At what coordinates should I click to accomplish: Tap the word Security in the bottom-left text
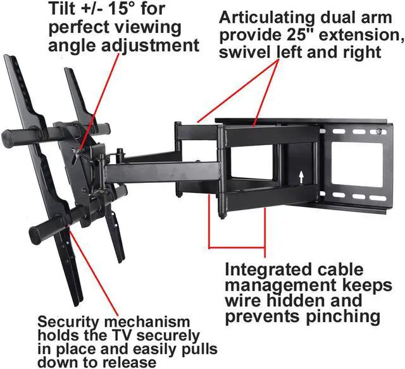(x=66, y=322)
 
